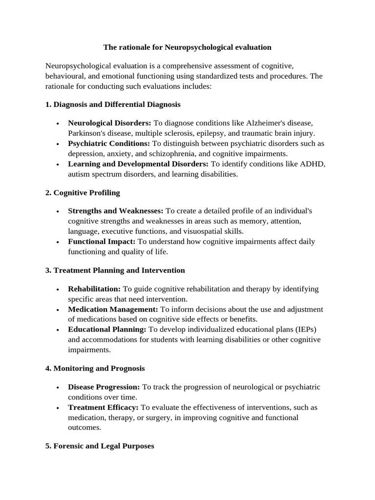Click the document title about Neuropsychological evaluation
(187, 47)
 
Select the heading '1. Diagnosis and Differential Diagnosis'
(113, 104)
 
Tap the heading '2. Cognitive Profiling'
(83, 192)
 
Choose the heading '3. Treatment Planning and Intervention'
(115, 270)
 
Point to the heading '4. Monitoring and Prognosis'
(95, 368)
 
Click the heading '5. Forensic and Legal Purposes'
(100, 446)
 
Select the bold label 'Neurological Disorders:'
(109, 123)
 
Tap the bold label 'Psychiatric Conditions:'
(109, 144)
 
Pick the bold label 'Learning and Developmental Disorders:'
(138, 164)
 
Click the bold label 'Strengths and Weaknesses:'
(116, 211)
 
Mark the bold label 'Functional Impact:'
(102, 241)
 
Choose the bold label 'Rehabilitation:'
(94, 289)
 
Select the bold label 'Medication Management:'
(113, 310)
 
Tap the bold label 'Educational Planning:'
(107, 330)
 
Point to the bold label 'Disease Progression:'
(104, 387)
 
